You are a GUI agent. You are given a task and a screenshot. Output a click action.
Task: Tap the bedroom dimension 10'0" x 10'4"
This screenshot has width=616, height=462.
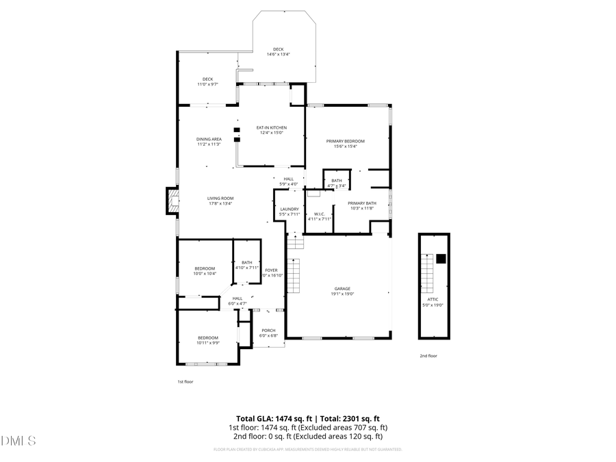click(x=205, y=274)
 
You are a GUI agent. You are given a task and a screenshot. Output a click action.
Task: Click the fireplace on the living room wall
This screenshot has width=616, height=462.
click(x=172, y=202)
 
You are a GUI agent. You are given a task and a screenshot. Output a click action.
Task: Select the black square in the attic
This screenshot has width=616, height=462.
click(x=441, y=258)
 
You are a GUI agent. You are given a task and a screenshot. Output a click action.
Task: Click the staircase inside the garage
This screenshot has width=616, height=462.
click(x=293, y=275)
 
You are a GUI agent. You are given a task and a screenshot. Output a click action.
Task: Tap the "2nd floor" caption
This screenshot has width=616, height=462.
click(x=428, y=356)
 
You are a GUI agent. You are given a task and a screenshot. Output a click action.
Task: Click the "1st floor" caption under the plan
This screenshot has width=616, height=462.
click(x=185, y=381)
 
